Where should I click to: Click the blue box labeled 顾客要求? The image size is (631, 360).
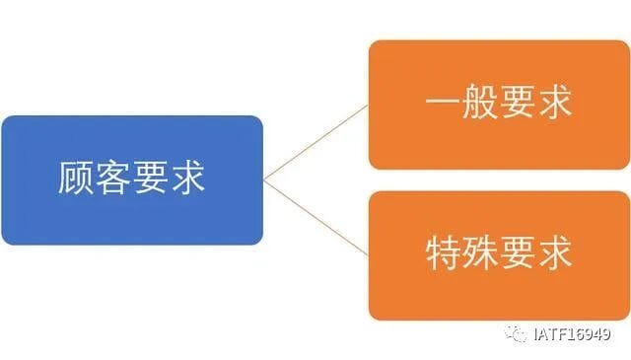pyautogui.click(x=132, y=180)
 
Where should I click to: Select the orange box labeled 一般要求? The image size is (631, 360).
pyautogui.click(x=499, y=105)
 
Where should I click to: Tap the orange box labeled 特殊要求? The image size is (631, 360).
pyautogui.click(x=499, y=255)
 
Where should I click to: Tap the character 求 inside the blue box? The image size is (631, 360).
pyautogui.click(x=187, y=178)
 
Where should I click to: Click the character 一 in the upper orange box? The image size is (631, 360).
pyautogui.click(x=443, y=102)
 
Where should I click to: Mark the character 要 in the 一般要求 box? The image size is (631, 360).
pyautogui.click(x=518, y=102)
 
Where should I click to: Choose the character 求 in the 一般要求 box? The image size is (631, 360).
pyautogui.click(x=554, y=102)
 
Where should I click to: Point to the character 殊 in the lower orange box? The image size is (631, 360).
pyautogui.click(x=480, y=252)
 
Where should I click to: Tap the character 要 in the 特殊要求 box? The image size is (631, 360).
pyautogui.click(x=518, y=252)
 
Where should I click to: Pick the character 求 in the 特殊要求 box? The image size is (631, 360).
pyautogui.click(x=554, y=252)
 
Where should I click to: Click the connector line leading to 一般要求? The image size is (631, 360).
pyautogui.click(x=315, y=143)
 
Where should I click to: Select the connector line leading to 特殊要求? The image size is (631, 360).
pyautogui.click(x=315, y=217)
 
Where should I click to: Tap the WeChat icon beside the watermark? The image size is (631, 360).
pyautogui.click(x=516, y=333)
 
